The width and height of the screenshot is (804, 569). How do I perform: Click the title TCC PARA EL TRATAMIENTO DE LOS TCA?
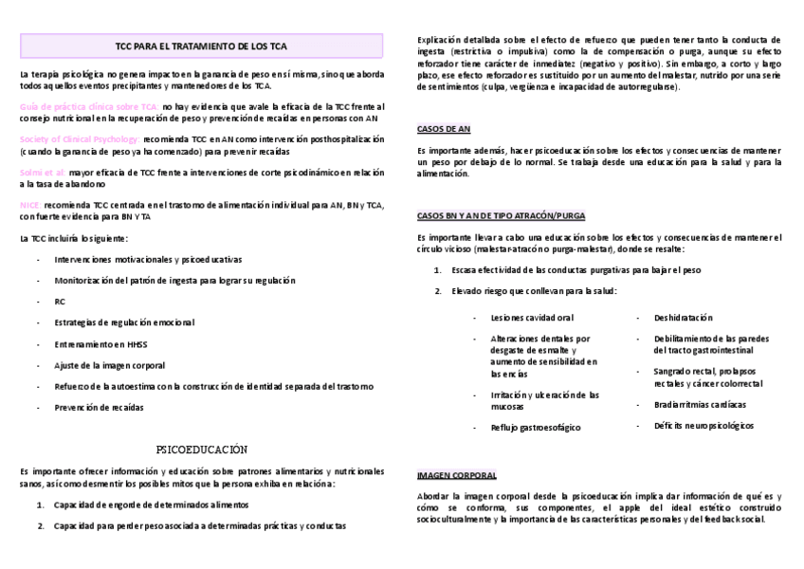201,46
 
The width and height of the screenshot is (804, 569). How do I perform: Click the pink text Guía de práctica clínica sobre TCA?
88,107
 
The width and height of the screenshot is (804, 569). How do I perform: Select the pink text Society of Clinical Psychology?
79,139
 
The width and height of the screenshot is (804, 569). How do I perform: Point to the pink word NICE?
29,205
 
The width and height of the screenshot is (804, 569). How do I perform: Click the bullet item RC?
60,302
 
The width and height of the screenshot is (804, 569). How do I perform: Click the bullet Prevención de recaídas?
100,408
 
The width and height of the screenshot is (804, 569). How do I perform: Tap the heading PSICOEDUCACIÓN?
200,448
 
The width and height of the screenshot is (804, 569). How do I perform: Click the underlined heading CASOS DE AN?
444,128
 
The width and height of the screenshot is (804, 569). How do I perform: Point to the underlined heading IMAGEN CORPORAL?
457,474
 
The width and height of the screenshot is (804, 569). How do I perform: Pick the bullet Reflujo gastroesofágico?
536,429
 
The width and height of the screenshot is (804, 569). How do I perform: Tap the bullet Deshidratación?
683,318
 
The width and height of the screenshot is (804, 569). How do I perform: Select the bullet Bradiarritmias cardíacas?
697,404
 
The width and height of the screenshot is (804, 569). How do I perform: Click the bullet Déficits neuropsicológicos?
703,426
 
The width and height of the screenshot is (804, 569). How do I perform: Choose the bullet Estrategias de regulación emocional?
124,322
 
